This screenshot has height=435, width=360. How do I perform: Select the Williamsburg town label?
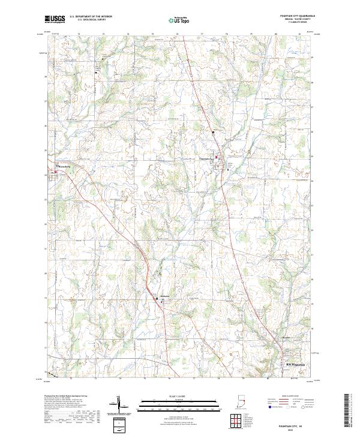point(62,166)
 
